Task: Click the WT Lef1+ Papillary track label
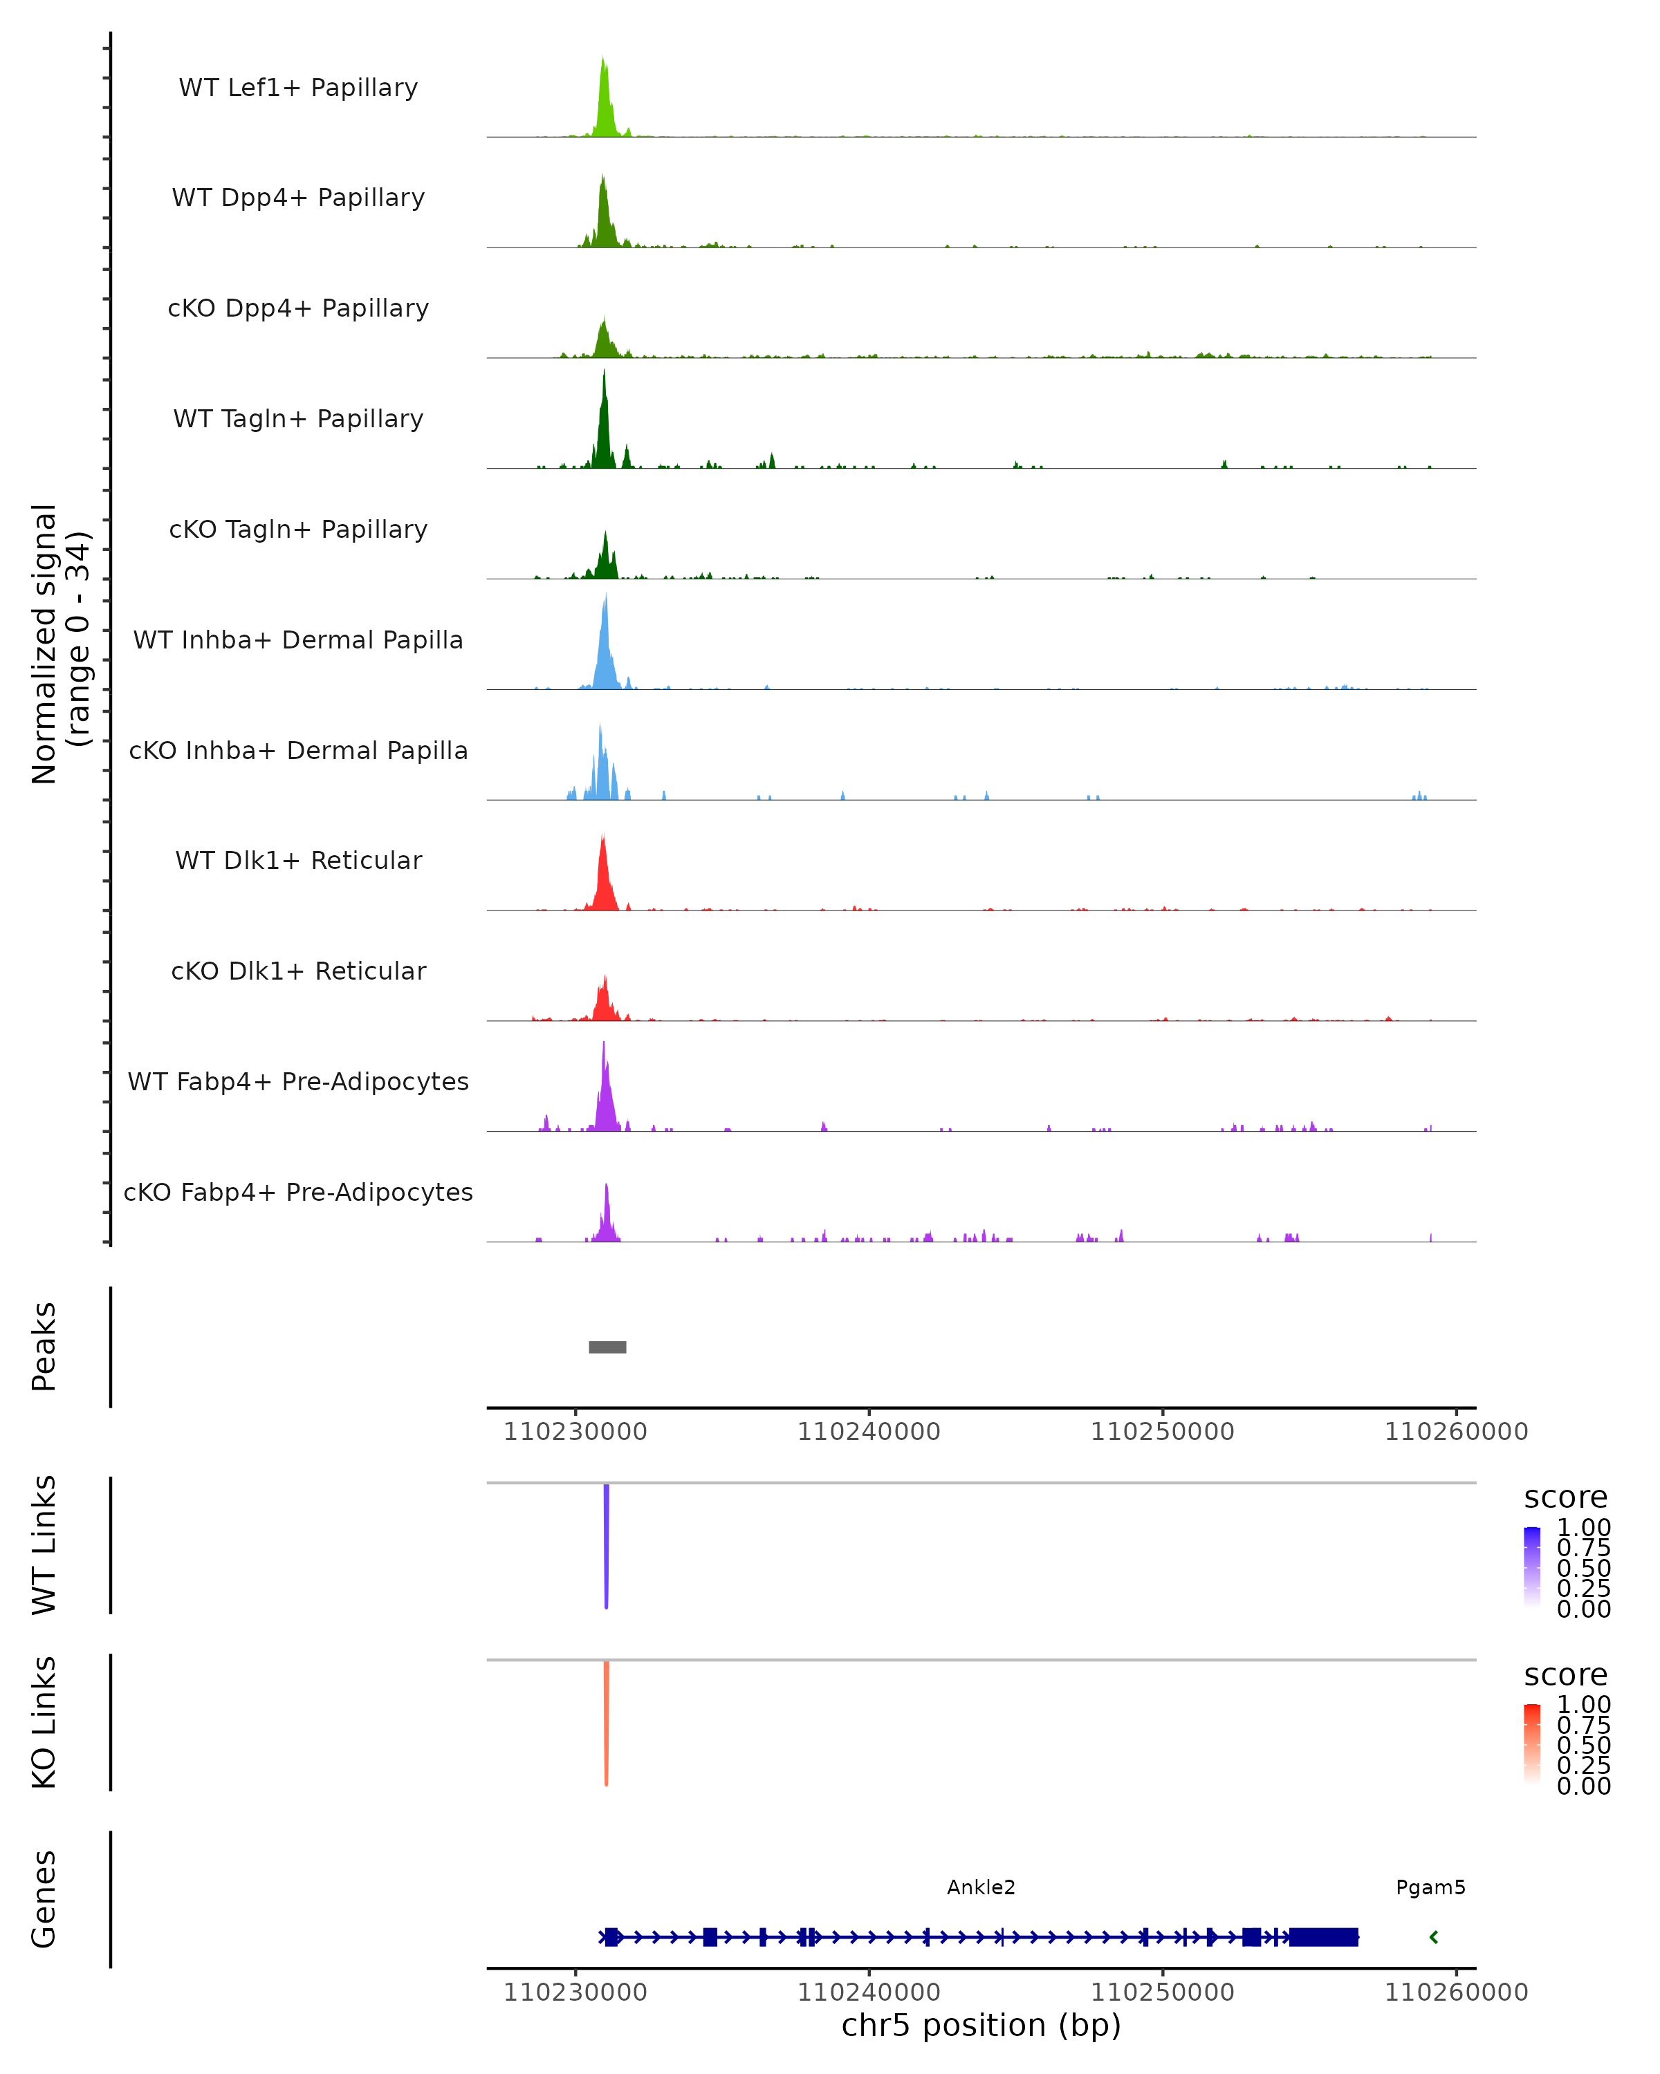tap(298, 88)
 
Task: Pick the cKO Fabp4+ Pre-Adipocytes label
tap(298, 1192)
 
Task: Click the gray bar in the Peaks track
tap(607, 1347)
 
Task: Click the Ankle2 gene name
tap(981, 1887)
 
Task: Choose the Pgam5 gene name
tap(1430, 1887)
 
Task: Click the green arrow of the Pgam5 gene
tap(1434, 1937)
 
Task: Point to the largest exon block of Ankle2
tap(1323, 1937)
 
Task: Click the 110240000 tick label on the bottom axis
tap(868, 1992)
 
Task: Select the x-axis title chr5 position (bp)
tap(981, 2026)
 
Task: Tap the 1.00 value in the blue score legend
tap(1583, 1528)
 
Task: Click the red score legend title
tap(1566, 1675)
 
